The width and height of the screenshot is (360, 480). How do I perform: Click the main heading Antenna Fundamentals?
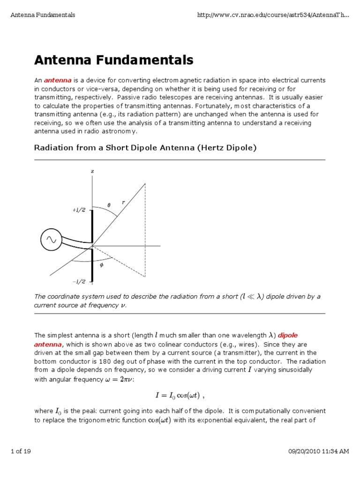(x=113, y=60)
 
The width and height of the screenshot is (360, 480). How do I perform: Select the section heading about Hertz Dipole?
(x=145, y=148)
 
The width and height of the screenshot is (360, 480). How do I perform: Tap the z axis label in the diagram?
(x=92, y=172)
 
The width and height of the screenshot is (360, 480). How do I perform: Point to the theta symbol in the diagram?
(x=109, y=205)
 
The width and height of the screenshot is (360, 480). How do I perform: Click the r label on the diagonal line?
(x=123, y=202)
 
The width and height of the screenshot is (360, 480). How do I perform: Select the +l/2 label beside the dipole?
(x=79, y=210)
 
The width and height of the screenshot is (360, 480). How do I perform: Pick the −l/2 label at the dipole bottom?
(x=79, y=281)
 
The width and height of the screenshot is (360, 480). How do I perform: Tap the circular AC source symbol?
(x=50, y=240)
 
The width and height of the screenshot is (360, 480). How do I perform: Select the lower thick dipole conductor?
(x=92, y=265)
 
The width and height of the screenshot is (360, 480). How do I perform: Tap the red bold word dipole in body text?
(x=287, y=335)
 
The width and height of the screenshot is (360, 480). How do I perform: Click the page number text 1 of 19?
(x=21, y=451)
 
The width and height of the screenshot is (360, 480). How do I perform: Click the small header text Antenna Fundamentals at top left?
(x=43, y=15)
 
